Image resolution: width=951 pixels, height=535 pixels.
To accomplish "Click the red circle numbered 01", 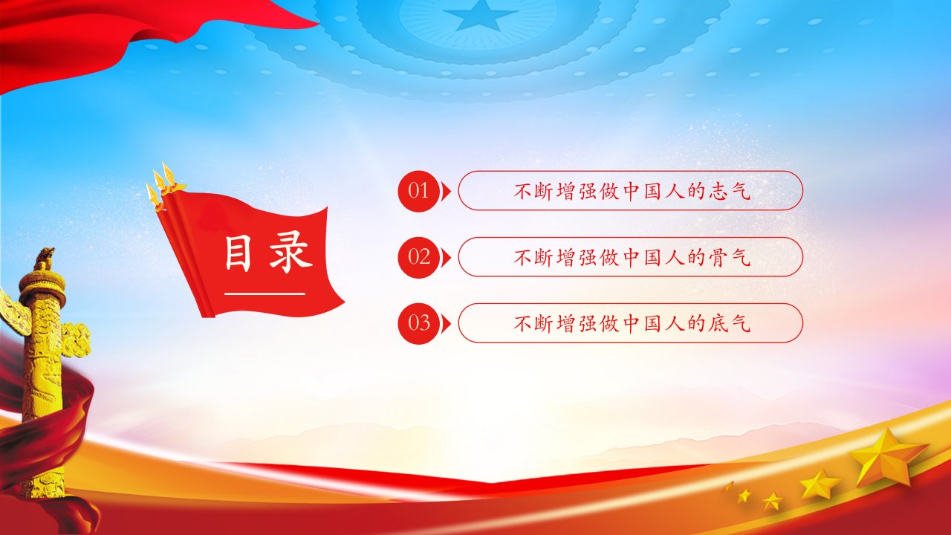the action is [x=418, y=191].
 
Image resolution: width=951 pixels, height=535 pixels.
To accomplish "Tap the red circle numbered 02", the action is [x=418, y=257].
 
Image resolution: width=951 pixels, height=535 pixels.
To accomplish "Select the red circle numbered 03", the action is [x=418, y=323].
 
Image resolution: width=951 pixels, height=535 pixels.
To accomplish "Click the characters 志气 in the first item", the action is [x=730, y=191].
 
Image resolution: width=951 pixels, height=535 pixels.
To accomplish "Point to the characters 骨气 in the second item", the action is [x=730, y=257].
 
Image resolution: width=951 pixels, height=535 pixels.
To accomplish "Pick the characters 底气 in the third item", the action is [x=730, y=323].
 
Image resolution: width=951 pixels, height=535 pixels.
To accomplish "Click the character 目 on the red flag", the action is [x=238, y=254].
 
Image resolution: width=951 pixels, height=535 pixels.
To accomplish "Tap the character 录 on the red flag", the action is [x=291, y=254].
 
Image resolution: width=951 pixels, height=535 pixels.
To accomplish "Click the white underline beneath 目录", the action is [x=265, y=294].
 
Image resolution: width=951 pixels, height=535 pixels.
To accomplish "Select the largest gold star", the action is [x=886, y=458].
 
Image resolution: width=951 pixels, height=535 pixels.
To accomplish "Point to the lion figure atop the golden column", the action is [x=45, y=258].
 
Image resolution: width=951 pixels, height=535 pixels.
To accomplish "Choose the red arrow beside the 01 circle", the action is [x=446, y=191].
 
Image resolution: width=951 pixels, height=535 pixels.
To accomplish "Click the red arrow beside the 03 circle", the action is [x=446, y=323].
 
